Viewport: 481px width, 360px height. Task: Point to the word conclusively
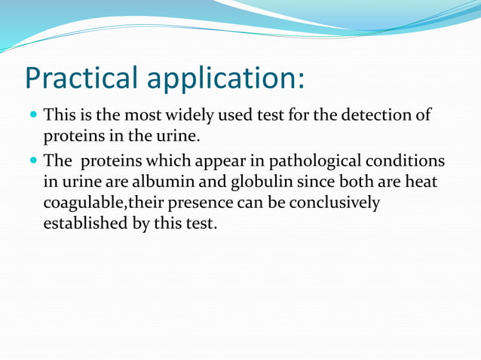[x=339, y=203]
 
